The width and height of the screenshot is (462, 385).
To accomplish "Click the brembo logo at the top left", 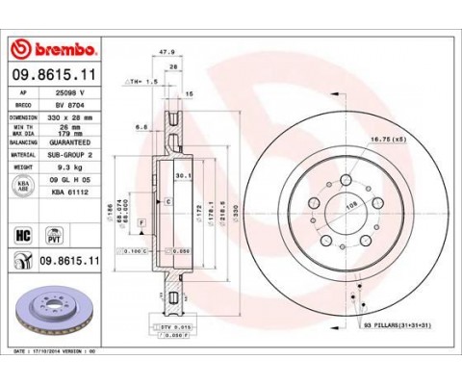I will [52, 49].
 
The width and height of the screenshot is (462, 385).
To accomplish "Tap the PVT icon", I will [54, 236].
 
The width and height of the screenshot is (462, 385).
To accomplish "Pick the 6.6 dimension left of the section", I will [141, 125].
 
